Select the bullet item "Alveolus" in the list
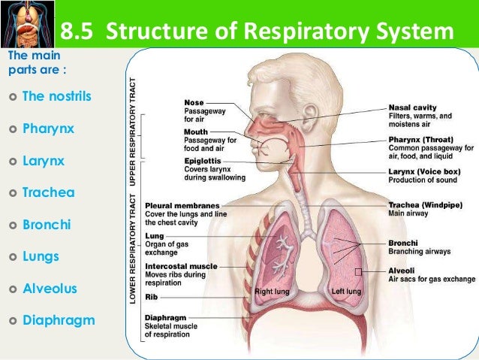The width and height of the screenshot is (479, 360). (x=50, y=289)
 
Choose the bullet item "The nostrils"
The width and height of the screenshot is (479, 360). (x=55, y=96)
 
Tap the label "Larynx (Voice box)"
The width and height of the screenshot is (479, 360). (x=424, y=171)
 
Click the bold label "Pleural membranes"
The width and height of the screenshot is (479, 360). (x=182, y=205)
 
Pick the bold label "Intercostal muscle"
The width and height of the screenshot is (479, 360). (x=181, y=266)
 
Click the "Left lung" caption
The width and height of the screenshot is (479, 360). (x=346, y=291)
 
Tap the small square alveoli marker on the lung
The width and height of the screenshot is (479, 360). (x=359, y=271)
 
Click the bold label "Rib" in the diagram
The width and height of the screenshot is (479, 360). (x=151, y=297)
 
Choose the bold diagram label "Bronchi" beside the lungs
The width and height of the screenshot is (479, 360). (x=403, y=243)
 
